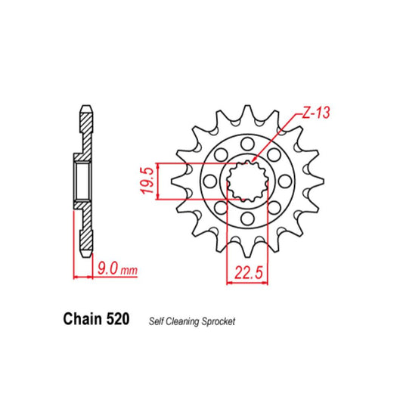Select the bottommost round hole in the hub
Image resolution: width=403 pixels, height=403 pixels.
(x=249, y=220)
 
